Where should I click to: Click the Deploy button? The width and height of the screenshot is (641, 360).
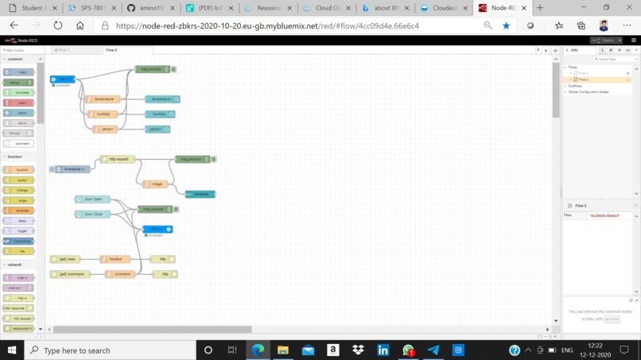point(608,40)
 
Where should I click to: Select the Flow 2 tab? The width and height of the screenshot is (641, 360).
point(112,50)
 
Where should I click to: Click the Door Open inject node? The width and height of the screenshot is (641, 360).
point(93,199)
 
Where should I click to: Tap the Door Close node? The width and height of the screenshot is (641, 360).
point(93,214)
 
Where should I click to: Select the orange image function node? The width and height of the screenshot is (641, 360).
point(156,184)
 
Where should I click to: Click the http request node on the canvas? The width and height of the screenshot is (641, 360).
point(118,159)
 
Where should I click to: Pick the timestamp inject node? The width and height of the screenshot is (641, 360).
point(72,169)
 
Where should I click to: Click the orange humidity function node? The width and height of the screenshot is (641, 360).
point(103,114)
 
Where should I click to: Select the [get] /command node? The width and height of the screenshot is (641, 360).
point(70,274)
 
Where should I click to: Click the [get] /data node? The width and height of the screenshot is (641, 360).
point(66,259)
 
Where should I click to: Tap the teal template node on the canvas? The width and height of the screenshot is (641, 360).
point(200,194)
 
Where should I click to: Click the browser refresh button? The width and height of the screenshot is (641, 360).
point(58,25)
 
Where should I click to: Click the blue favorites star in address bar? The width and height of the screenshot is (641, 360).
point(506,25)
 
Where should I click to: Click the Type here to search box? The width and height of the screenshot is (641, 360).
point(111,350)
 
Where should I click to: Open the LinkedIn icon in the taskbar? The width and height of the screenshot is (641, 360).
point(383,350)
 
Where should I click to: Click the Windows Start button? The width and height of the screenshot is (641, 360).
point(12,350)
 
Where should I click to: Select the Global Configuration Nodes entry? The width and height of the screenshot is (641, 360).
point(589,92)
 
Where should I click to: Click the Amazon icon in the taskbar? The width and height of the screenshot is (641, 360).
point(332,350)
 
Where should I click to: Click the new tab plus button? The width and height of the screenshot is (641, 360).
point(540,8)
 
